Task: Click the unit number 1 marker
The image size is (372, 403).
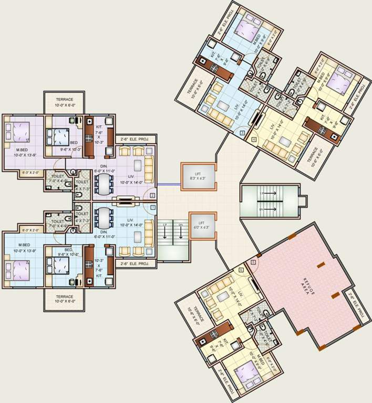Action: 152,208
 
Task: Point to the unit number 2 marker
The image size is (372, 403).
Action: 152,196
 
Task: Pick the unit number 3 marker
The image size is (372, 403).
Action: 242,133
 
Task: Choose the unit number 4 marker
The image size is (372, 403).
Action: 254,140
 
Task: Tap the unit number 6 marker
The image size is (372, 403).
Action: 241,270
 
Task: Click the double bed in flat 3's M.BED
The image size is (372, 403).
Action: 244,26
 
